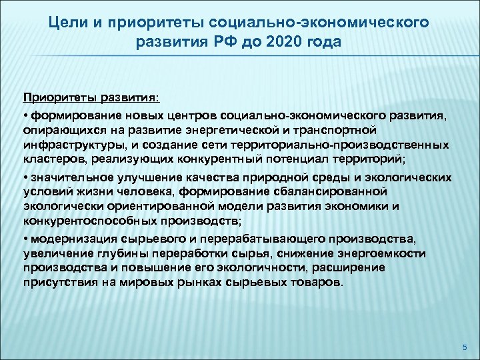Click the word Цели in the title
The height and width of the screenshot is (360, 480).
tap(65, 23)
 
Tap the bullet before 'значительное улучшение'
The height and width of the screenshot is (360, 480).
tap(24, 177)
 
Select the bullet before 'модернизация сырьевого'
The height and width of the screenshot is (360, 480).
tap(24, 238)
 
